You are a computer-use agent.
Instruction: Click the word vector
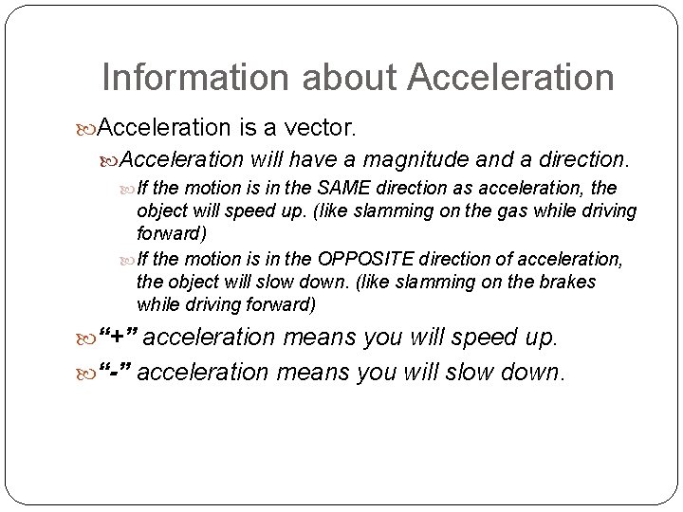click(322, 126)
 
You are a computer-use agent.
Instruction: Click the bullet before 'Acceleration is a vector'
click(88, 127)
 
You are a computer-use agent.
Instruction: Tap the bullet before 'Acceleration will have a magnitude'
click(111, 156)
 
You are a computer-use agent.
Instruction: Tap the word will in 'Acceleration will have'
click(267, 155)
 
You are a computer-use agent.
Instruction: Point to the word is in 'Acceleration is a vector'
click(244, 126)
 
